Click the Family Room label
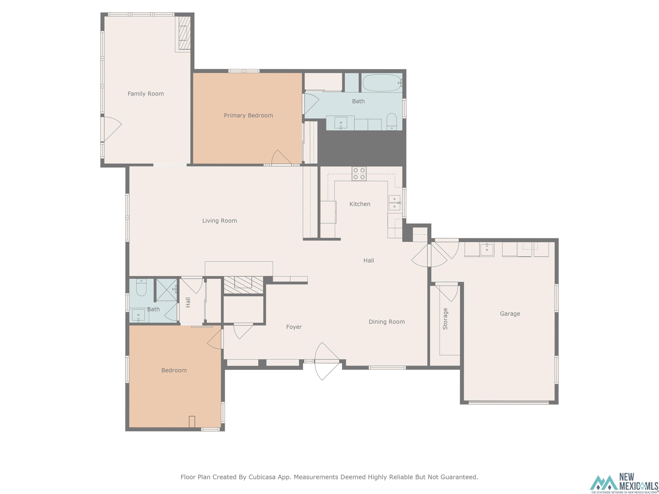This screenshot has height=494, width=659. click(x=146, y=94)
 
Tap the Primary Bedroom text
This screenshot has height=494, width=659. click(x=248, y=116)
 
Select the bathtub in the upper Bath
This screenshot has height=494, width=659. click(x=382, y=83)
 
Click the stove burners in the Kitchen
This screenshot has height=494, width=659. click(x=359, y=174)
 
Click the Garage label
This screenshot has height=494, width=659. click(x=510, y=313)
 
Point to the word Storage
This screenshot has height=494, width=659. click(x=445, y=319)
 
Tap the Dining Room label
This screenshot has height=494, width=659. click(x=386, y=322)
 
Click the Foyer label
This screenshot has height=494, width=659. click(x=294, y=327)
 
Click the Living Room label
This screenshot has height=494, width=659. click(x=220, y=221)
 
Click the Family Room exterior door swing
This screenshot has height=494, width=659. click(x=112, y=129)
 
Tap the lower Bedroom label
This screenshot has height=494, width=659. click(x=174, y=370)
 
